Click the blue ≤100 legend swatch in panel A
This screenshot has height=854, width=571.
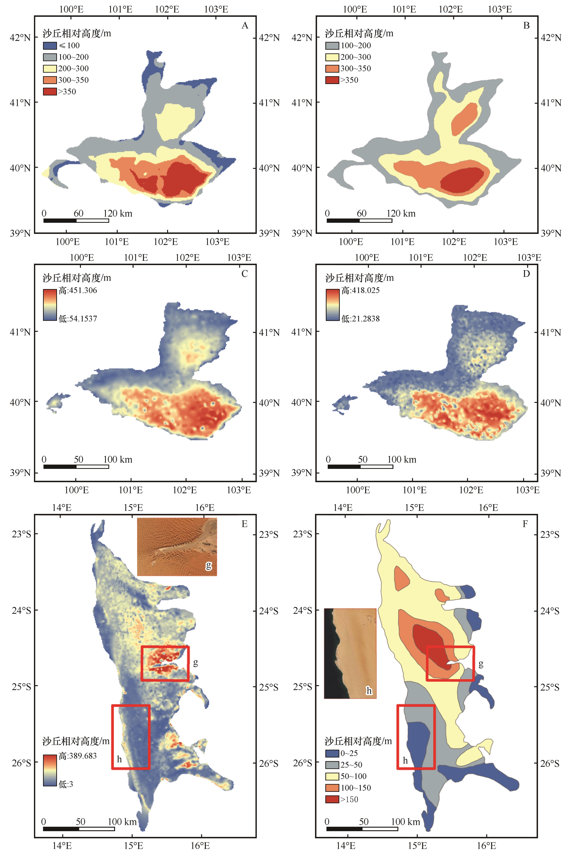(x=50, y=46)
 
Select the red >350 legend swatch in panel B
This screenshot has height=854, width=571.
(x=332, y=80)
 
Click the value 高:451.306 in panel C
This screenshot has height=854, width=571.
(x=78, y=290)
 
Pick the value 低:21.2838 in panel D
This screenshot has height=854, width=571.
(x=361, y=319)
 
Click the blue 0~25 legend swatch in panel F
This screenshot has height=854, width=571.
(x=332, y=753)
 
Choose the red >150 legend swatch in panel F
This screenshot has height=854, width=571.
(x=332, y=799)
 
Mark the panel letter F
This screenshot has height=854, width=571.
(x=525, y=524)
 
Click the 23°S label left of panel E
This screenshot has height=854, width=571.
(x=21, y=534)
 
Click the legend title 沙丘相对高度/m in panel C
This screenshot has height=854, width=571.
(x=77, y=278)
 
